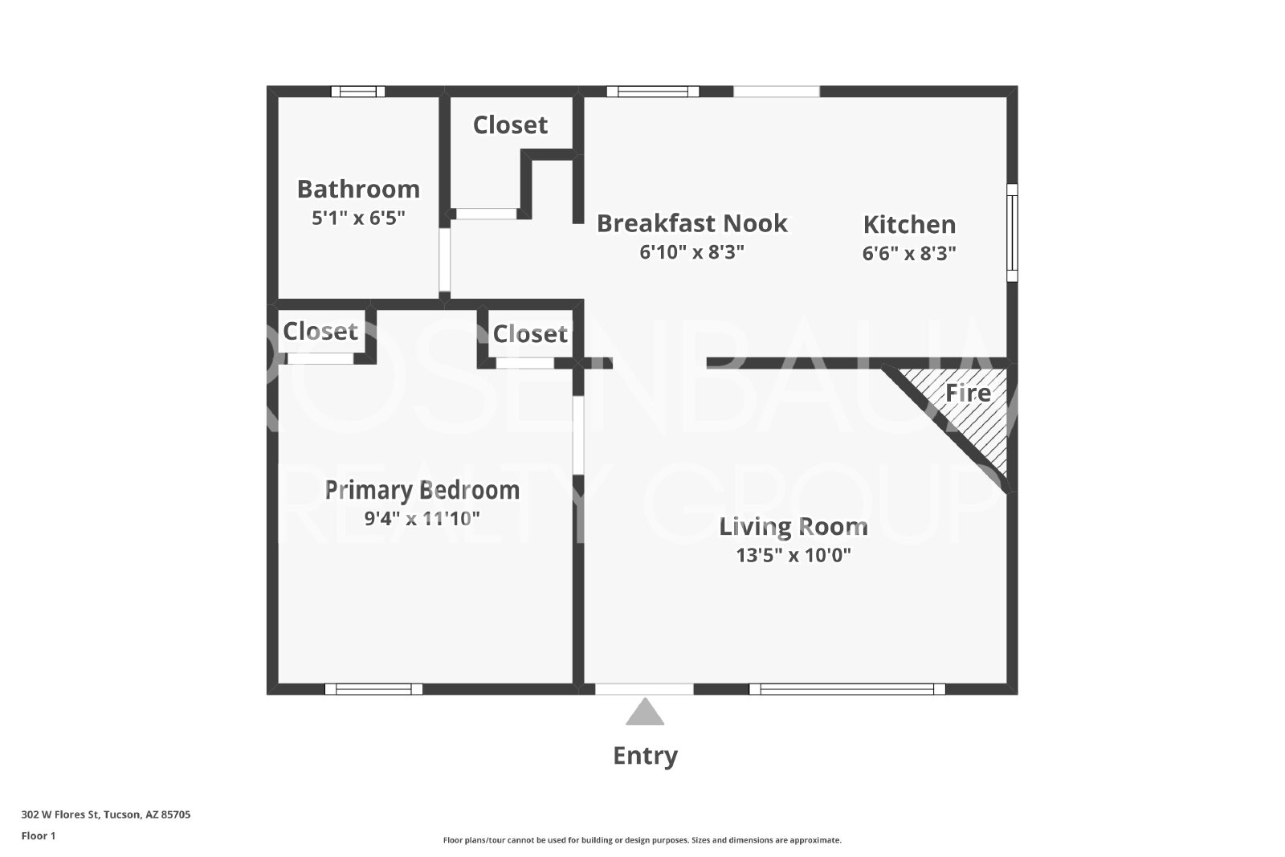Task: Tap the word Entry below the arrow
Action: [x=646, y=756]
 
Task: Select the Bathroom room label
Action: [x=358, y=190]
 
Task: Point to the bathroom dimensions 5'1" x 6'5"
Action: [x=358, y=218]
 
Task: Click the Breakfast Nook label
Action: [x=691, y=224]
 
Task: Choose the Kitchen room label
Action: [x=909, y=224]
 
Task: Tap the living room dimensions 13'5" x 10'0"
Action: [x=793, y=555]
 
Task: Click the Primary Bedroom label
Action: [x=422, y=491]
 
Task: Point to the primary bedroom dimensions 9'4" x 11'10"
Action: [x=422, y=519]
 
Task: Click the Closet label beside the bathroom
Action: [x=510, y=125]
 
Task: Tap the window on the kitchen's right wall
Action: [x=1013, y=232]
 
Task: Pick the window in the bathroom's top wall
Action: [x=358, y=92]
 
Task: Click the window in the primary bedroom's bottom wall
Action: [x=373, y=689]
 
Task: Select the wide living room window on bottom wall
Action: [x=847, y=689]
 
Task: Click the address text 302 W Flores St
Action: [x=61, y=814]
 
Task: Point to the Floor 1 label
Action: [x=39, y=836]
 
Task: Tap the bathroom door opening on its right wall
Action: [x=445, y=260]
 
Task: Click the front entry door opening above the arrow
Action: [x=644, y=689]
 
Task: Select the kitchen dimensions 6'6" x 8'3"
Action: [x=909, y=253]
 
